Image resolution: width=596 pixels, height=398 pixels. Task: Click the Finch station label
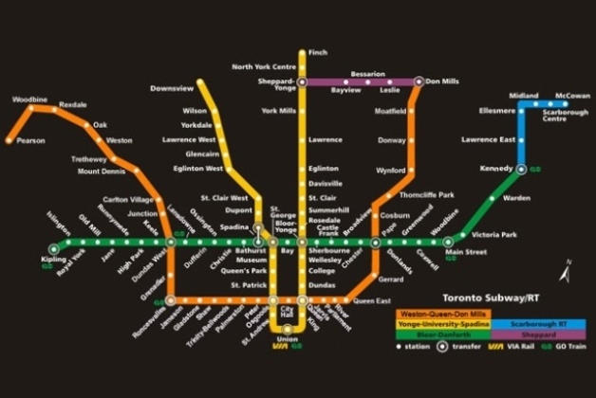(x=318, y=52)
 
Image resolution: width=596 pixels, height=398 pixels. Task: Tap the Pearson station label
(x=30, y=141)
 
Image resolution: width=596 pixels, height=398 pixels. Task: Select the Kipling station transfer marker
(x=53, y=249)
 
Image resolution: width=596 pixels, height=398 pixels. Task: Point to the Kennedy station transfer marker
(x=521, y=170)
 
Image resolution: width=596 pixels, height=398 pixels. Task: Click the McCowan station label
(x=571, y=96)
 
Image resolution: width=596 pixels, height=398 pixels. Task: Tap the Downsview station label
(x=172, y=88)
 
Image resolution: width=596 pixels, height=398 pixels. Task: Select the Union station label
(x=288, y=338)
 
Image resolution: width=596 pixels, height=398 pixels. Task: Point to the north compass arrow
(x=566, y=270)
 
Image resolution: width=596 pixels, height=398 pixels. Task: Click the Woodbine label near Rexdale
(x=30, y=99)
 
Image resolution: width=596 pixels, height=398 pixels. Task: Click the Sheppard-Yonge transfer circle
(x=302, y=82)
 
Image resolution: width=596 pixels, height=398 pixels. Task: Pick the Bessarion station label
(x=367, y=73)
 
